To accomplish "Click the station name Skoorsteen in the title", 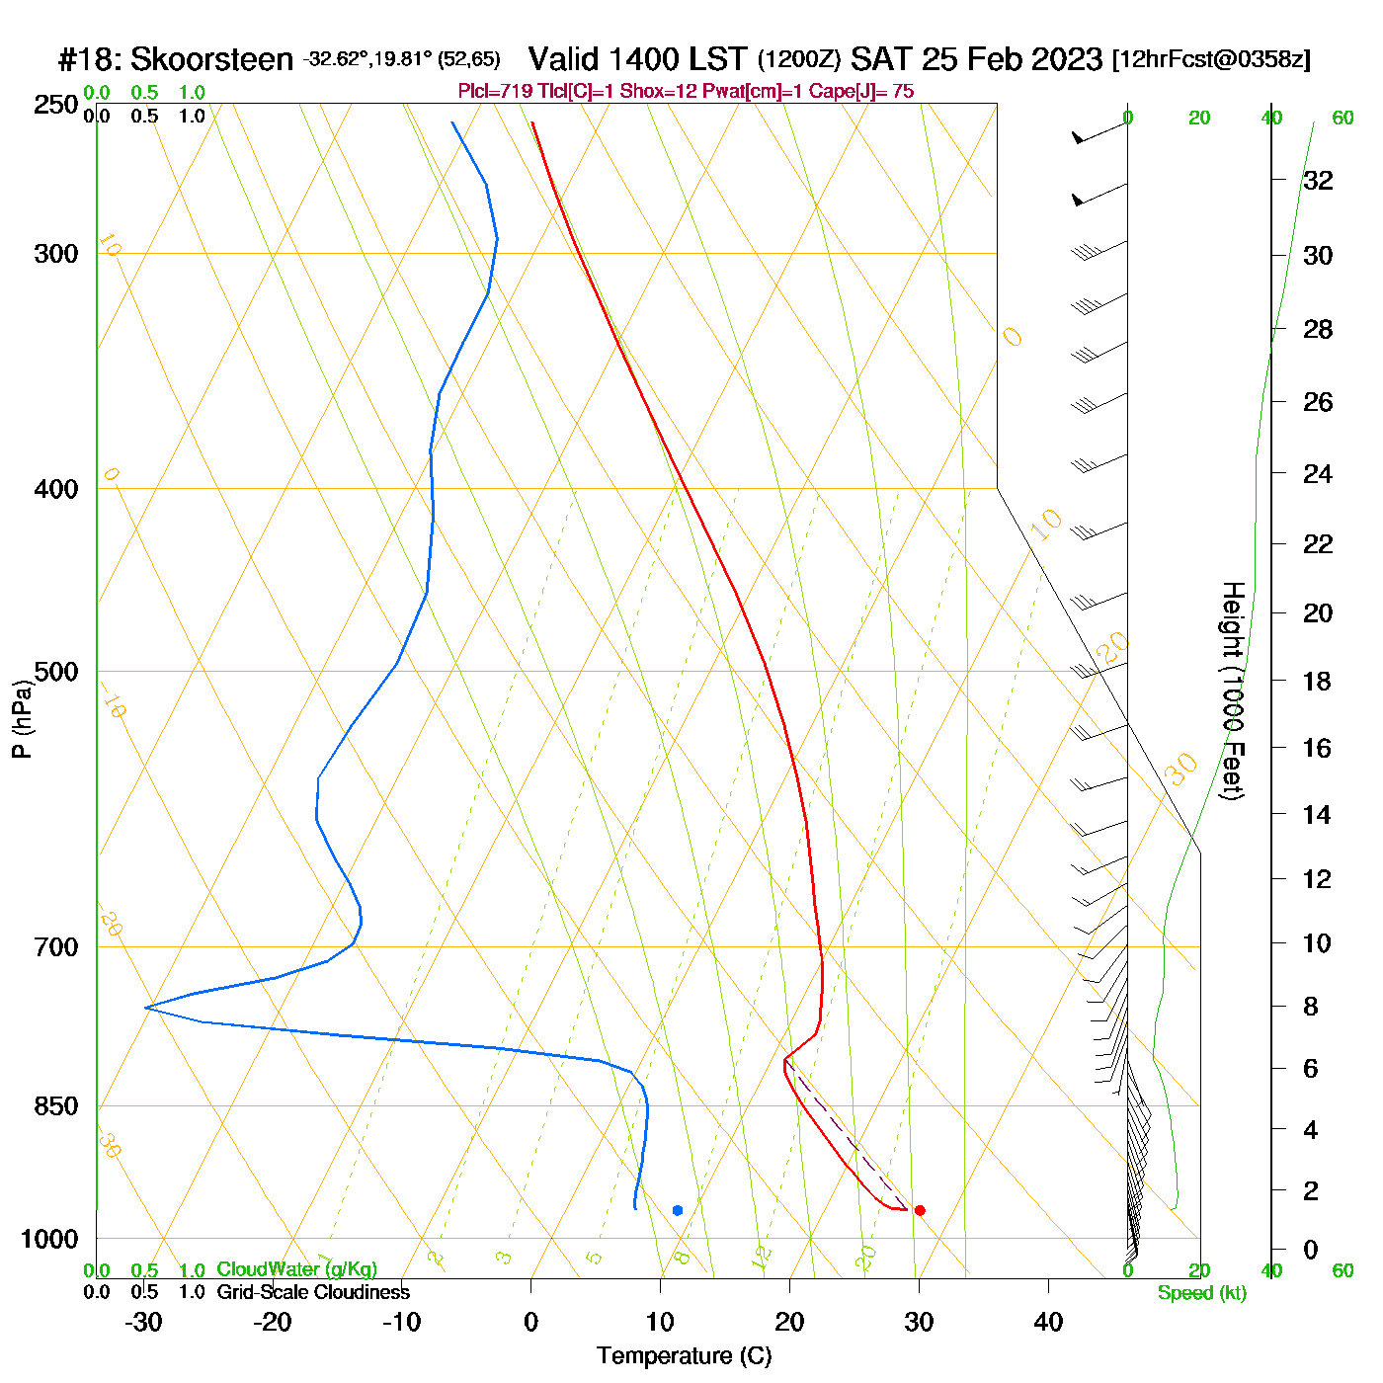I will coord(211,59).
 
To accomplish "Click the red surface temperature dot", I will coord(920,1210).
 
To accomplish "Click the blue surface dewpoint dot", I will coord(678,1210).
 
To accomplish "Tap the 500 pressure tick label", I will coord(56,672).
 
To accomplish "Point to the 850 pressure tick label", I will coord(56,1106).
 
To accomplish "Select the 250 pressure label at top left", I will coord(56,105).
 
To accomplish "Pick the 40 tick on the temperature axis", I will coord(1048,1322).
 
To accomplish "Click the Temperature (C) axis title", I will coord(684,1356).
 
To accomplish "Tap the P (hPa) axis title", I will coord(22,719).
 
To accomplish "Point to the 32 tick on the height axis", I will coord(1318,180).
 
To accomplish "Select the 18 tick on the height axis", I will coord(1318,681).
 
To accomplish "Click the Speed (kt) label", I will coord(1202,1293).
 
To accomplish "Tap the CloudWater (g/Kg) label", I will coord(296,1269).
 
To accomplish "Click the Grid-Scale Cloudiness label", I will coord(313,1292).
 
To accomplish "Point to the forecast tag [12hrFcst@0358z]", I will coord(1211,59).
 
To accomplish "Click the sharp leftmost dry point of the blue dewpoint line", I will coord(146,1007).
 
